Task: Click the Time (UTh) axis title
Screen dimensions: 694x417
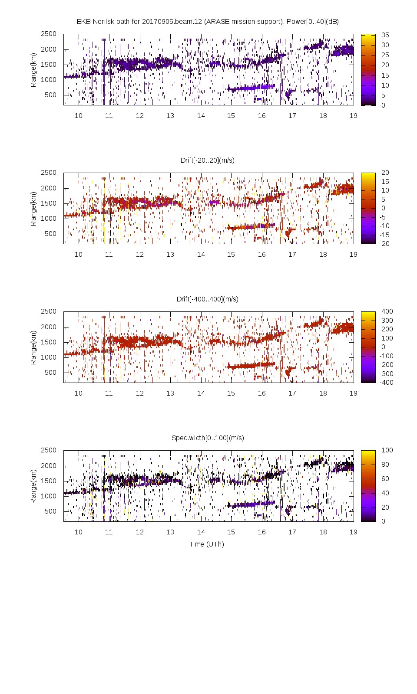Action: (206, 544)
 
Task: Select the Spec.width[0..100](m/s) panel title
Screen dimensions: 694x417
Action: (208, 438)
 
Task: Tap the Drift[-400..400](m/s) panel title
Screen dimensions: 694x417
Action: (208, 299)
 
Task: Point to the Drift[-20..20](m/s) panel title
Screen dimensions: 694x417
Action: (208, 160)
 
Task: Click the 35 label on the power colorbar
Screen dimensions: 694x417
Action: (385, 35)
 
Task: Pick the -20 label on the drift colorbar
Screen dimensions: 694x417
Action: (384, 244)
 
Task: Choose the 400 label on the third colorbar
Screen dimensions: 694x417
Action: (387, 311)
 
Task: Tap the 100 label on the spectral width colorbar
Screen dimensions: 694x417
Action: (387, 450)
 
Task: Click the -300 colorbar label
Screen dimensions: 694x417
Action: (386, 373)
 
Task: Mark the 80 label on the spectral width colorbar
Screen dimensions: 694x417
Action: (385, 465)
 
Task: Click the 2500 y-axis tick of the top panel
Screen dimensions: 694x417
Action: (49, 34)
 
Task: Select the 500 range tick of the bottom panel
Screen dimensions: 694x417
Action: (50, 511)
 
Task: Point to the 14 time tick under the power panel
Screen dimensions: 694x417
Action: (201, 116)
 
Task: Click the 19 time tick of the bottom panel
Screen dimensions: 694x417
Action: (354, 532)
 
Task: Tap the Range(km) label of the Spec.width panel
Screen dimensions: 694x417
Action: (33, 486)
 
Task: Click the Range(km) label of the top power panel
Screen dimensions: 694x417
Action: (33, 70)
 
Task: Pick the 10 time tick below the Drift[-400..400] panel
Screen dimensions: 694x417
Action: (78, 393)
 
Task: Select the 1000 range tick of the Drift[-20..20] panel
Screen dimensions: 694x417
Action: (49, 219)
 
